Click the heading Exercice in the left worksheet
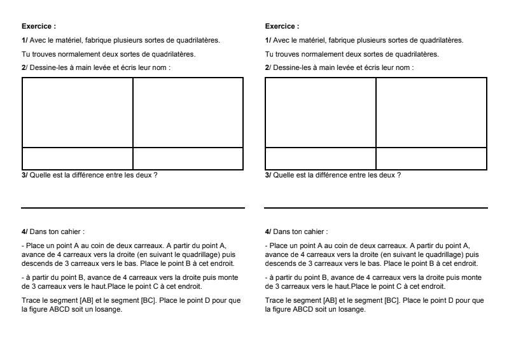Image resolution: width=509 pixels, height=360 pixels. [x=39, y=27]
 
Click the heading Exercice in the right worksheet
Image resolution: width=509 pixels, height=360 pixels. [x=281, y=27]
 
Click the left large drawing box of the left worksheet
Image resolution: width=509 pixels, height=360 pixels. [x=77, y=113]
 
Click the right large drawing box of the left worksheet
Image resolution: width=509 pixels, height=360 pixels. [x=188, y=113]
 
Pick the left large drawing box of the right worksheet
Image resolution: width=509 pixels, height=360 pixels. [x=320, y=113]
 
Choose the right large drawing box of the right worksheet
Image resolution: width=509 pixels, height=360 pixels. [x=431, y=113]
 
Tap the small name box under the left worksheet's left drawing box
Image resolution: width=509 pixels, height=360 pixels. [x=77, y=158]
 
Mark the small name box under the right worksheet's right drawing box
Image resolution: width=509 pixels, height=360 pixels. [x=431, y=158]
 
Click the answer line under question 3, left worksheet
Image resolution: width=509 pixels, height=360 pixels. [x=133, y=207]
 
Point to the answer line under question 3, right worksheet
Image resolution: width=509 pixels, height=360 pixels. [x=375, y=207]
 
